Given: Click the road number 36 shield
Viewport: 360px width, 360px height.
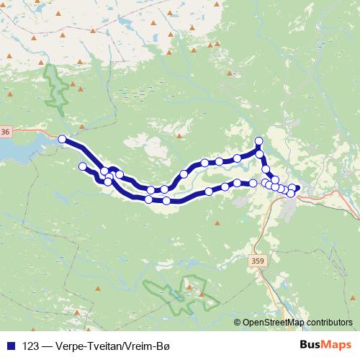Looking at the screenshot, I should [6, 132].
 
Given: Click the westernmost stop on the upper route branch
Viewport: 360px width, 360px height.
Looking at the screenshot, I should [62, 139].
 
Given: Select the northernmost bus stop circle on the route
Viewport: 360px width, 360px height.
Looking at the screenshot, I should [260, 140].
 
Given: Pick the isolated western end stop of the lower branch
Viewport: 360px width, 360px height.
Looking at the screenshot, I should [82, 167].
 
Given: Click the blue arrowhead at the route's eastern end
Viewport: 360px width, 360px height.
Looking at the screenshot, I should [297, 189].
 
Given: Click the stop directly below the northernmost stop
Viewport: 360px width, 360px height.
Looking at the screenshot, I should [260, 153].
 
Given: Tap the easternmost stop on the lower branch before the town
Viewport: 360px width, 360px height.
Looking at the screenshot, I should [253, 184].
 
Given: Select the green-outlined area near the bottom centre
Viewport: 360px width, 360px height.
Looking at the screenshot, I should [176, 294].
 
